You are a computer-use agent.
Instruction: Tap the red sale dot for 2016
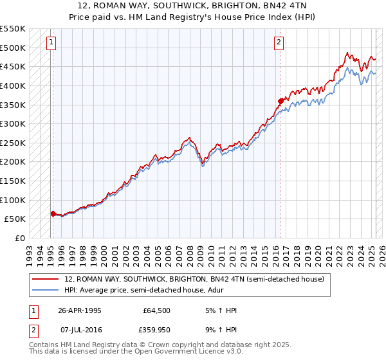pos(281,100)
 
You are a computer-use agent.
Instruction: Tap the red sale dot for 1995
pos(53,213)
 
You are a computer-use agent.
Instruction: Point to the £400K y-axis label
pos(13,85)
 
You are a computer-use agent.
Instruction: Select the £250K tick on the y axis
pos(13,143)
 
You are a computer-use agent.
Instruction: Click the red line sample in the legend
pos(46,279)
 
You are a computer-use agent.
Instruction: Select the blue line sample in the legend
pos(46,290)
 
